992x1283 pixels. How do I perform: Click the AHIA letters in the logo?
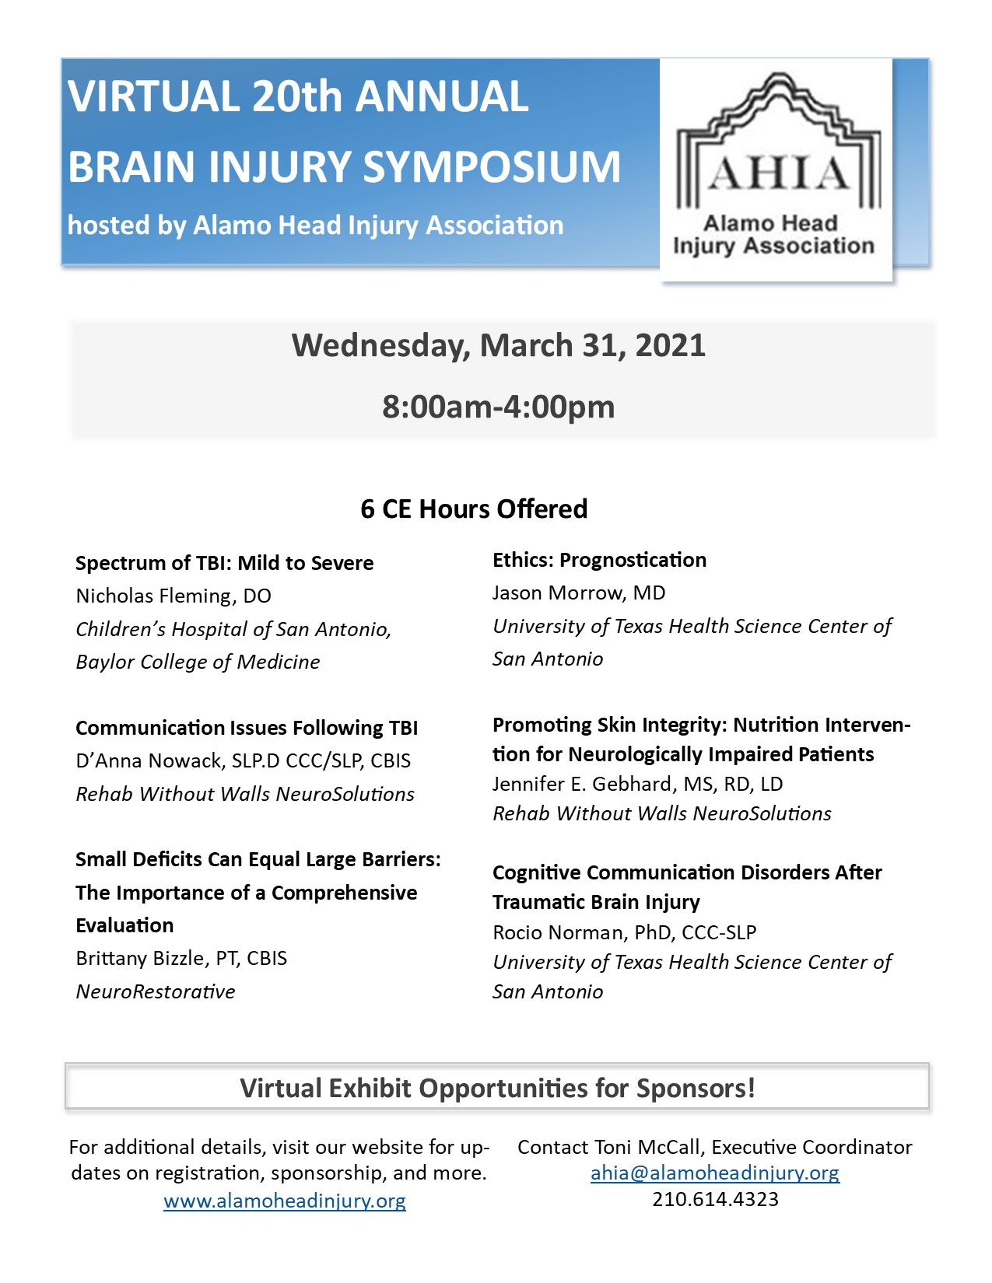click(778, 173)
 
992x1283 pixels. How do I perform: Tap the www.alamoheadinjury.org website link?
click(285, 1201)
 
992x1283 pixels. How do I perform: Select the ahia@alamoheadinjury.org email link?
click(715, 1173)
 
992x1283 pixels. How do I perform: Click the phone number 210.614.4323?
click(715, 1199)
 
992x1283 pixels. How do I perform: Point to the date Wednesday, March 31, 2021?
click(499, 345)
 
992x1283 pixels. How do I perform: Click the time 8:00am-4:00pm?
click(499, 407)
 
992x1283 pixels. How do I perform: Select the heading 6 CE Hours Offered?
click(474, 509)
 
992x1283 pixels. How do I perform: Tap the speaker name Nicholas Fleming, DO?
click(174, 596)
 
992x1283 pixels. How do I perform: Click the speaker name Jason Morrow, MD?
click(579, 593)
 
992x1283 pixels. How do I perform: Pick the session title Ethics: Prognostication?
click(599, 560)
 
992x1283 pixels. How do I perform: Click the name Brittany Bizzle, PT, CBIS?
click(181, 958)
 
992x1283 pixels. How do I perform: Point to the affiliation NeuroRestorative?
click(156, 991)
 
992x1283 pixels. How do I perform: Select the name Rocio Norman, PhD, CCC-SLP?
click(624, 932)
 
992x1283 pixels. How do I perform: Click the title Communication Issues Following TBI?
click(247, 728)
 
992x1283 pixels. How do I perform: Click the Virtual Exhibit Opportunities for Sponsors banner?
click(497, 1087)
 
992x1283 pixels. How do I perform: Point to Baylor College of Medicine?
click(198, 662)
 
